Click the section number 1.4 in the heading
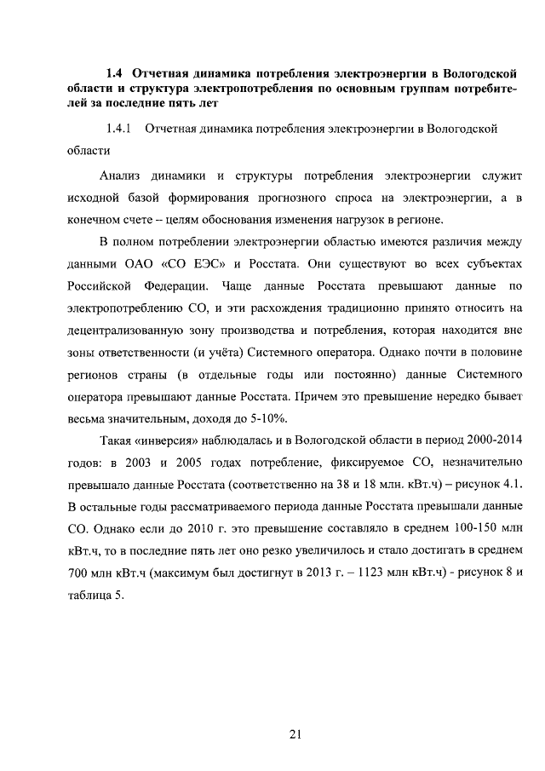click(116, 71)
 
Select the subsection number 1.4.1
click(115, 129)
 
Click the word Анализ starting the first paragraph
click(120, 175)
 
